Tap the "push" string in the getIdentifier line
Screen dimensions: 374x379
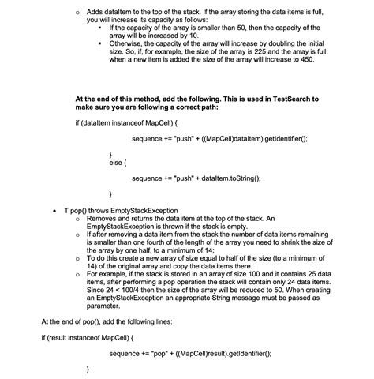tap(177, 139)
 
